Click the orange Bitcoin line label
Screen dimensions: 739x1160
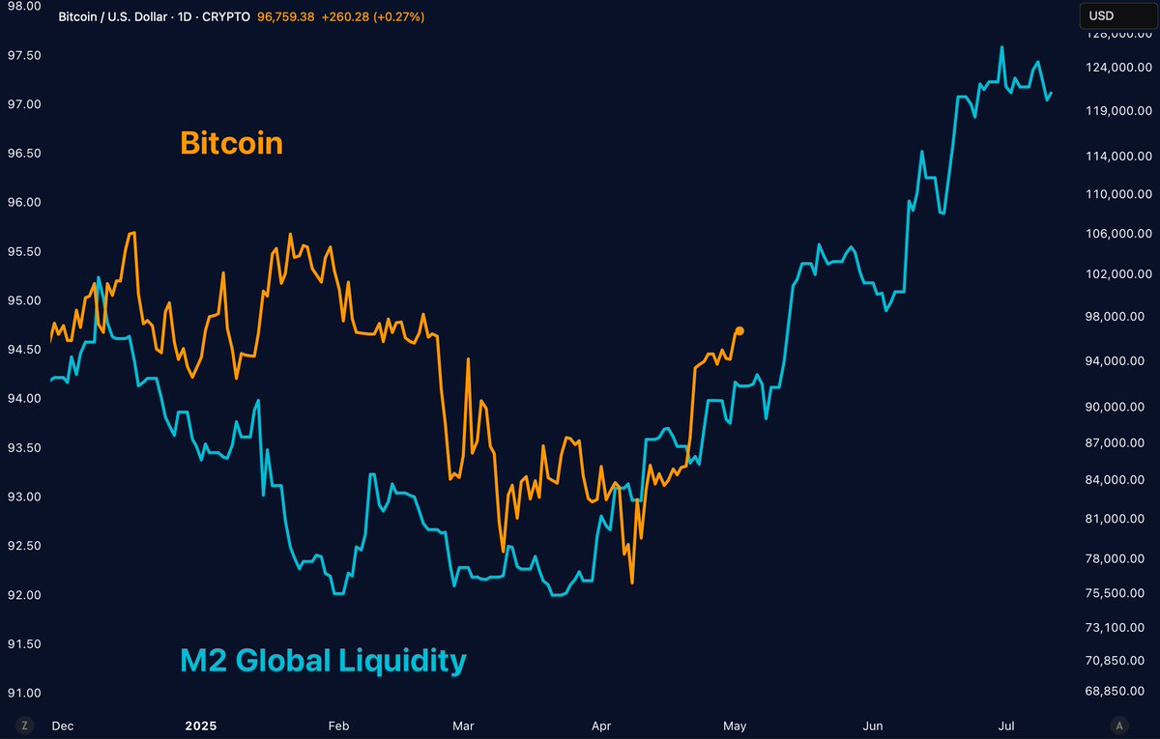231,143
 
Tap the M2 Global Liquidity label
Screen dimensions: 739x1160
323,661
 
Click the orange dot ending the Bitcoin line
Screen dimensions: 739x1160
739,330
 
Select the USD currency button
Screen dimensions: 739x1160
1101,15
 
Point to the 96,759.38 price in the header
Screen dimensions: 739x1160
285,17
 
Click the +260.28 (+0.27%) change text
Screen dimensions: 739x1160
373,17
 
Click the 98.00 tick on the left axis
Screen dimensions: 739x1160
23,6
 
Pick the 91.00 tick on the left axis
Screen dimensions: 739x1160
23,693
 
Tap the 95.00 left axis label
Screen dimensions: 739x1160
23,300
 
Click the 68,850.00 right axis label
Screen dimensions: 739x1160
1119,692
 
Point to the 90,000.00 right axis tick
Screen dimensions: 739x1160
1119,407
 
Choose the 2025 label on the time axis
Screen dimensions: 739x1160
200,725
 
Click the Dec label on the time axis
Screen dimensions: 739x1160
62,725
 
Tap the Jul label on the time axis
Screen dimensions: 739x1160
1006,725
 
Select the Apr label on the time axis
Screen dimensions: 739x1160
601,725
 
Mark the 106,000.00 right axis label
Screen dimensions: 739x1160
1119,234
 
